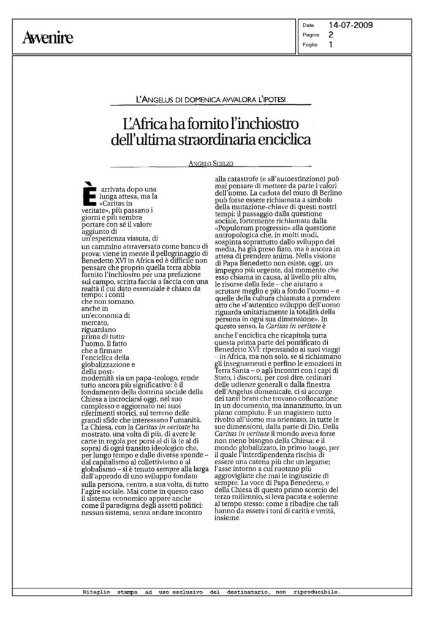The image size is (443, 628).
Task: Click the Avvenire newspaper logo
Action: [48, 38]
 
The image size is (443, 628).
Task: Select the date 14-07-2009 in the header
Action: [351, 26]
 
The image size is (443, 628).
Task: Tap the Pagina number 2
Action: [330, 36]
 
